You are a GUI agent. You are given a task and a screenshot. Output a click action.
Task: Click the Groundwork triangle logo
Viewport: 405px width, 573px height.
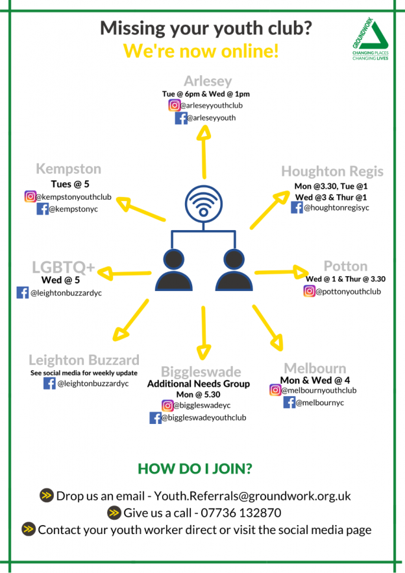pos(370,38)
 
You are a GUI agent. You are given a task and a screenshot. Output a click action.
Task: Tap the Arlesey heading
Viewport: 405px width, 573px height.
pos(208,81)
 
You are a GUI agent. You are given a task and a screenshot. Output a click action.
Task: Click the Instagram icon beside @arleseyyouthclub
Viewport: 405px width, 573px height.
pos(175,105)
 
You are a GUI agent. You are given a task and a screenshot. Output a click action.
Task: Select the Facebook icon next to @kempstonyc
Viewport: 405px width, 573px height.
pos(42,209)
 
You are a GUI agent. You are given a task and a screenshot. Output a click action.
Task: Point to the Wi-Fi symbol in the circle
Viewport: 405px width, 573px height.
pos(203,204)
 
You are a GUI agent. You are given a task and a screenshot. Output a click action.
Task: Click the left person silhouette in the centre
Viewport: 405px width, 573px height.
pos(174,270)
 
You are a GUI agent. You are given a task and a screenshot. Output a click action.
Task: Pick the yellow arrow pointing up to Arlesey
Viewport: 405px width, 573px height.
pos(204,152)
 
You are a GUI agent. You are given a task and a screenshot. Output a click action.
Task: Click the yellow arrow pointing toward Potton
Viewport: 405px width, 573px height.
pos(281,272)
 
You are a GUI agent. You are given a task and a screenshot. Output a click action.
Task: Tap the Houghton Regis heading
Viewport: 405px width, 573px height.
pos(332,171)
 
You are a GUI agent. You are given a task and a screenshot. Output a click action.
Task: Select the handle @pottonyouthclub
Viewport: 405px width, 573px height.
pos(349,292)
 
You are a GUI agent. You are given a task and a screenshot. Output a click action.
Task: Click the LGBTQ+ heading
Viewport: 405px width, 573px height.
pos(64,267)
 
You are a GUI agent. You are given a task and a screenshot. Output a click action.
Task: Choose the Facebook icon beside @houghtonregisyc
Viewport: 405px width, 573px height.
pos(297,207)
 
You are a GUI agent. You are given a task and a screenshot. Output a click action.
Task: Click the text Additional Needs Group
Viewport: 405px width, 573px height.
pos(199,384)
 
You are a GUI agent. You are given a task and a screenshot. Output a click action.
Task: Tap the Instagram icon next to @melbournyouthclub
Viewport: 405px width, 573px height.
pos(275,390)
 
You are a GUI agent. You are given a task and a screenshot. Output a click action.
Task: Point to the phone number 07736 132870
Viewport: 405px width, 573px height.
pos(241,513)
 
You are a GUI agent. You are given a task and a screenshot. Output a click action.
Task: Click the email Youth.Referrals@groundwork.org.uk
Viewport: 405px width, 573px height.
pos(252,496)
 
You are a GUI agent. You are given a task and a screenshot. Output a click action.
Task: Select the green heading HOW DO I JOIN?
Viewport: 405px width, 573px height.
pos(195,469)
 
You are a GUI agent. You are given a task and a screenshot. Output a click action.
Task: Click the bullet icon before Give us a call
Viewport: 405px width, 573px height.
pos(114,513)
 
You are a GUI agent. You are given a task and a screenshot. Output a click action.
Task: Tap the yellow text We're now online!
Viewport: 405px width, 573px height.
pos(201,51)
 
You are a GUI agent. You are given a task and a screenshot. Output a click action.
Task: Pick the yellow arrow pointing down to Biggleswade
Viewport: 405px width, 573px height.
pos(203,333)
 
